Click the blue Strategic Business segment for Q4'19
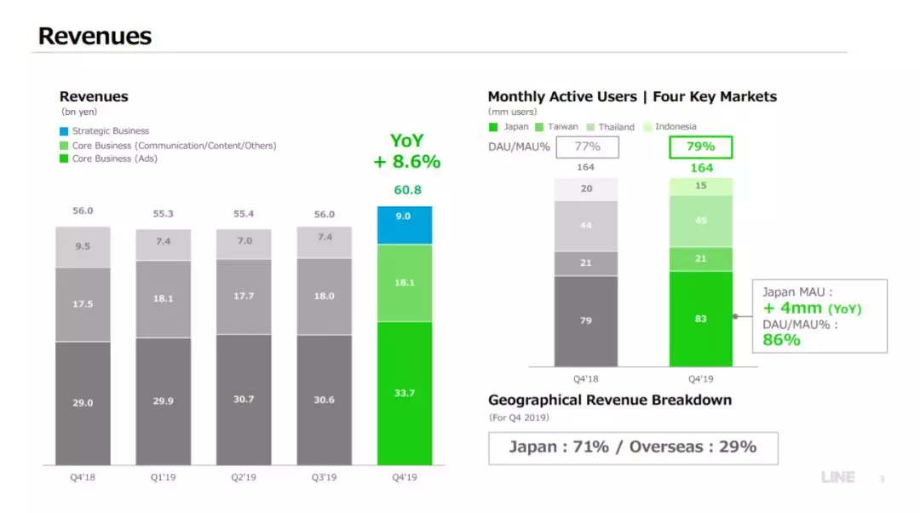[x=405, y=225]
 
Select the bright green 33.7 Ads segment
[x=405, y=393]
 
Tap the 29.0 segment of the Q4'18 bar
[x=83, y=402]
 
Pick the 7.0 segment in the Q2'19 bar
[x=244, y=243]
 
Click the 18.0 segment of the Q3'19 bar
[x=324, y=296]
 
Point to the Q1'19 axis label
[x=164, y=477]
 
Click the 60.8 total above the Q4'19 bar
[x=407, y=190]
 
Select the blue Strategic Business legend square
[x=64, y=131]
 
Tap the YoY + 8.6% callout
[x=406, y=151]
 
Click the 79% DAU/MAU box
[x=700, y=147]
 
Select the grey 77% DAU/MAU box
[x=587, y=147]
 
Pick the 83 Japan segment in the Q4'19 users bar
[x=700, y=319]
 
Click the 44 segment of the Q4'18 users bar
[x=586, y=225]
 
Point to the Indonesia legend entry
[x=670, y=127]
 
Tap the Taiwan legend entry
[x=557, y=127]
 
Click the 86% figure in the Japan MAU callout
[x=781, y=339]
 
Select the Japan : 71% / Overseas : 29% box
[x=632, y=447]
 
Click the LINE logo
[x=837, y=477]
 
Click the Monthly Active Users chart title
[x=632, y=96]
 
